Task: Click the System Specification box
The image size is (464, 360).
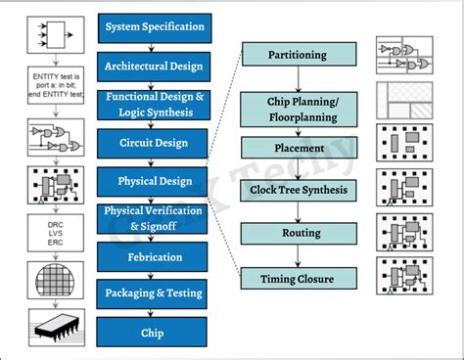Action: click(x=156, y=26)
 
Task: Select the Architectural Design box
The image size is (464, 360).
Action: click(x=156, y=66)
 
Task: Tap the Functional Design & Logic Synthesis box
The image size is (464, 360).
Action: click(x=156, y=104)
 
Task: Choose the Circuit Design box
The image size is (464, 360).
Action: click(x=156, y=143)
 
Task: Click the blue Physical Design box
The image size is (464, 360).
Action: click(x=156, y=181)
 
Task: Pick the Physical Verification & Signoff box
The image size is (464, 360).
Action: click(x=156, y=219)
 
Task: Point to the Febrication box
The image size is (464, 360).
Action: click(x=156, y=257)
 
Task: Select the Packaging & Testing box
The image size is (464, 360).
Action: click(x=156, y=294)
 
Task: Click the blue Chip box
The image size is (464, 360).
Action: click(x=156, y=333)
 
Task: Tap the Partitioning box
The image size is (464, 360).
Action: click(x=297, y=55)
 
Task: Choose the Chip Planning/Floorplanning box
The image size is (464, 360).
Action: click(x=297, y=108)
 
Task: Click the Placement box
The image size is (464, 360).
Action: click(x=297, y=148)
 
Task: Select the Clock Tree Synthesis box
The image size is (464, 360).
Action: click(x=297, y=190)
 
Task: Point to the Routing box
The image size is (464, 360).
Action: click(x=297, y=235)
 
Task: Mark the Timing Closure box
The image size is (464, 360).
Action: click(x=297, y=279)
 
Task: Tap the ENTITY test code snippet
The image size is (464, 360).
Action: click(x=46, y=86)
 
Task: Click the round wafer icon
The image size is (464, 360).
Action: click(x=46, y=278)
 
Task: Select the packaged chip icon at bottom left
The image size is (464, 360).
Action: click(x=46, y=328)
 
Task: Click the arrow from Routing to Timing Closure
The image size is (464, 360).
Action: click(x=297, y=257)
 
